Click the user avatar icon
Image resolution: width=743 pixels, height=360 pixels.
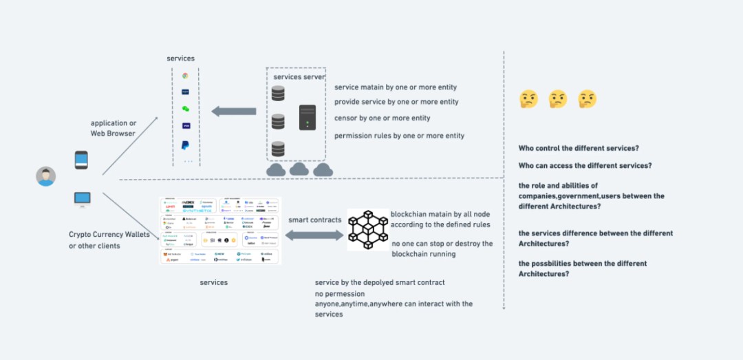click(x=46, y=176)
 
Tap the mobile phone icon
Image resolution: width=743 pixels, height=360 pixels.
click(x=81, y=160)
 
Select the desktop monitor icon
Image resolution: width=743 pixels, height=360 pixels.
click(x=81, y=200)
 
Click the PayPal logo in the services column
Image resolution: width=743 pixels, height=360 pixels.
click(x=185, y=145)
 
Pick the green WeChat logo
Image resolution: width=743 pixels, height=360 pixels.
click(x=185, y=109)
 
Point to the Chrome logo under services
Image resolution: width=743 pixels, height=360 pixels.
click(x=185, y=76)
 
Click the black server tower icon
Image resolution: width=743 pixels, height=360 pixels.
click(x=308, y=117)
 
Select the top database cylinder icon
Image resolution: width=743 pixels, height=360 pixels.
click(x=278, y=94)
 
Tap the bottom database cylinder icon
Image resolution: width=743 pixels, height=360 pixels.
click(x=278, y=149)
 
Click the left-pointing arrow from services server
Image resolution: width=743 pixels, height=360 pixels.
click(x=233, y=111)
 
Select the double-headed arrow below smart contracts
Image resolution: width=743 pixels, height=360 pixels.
click(x=314, y=235)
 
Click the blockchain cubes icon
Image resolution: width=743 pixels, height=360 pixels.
click(x=368, y=229)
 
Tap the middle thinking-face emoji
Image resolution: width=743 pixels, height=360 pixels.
click(x=557, y=100)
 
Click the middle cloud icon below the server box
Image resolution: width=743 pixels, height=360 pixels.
click(x=299, y=170)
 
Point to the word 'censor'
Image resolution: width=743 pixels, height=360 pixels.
click(x=345, y=118)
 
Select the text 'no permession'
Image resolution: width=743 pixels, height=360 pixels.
click(x=340, y=294)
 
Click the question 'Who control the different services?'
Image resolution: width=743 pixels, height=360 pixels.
click(x=579, y=149)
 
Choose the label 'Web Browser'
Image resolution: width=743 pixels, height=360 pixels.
click(x=114, y=133)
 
